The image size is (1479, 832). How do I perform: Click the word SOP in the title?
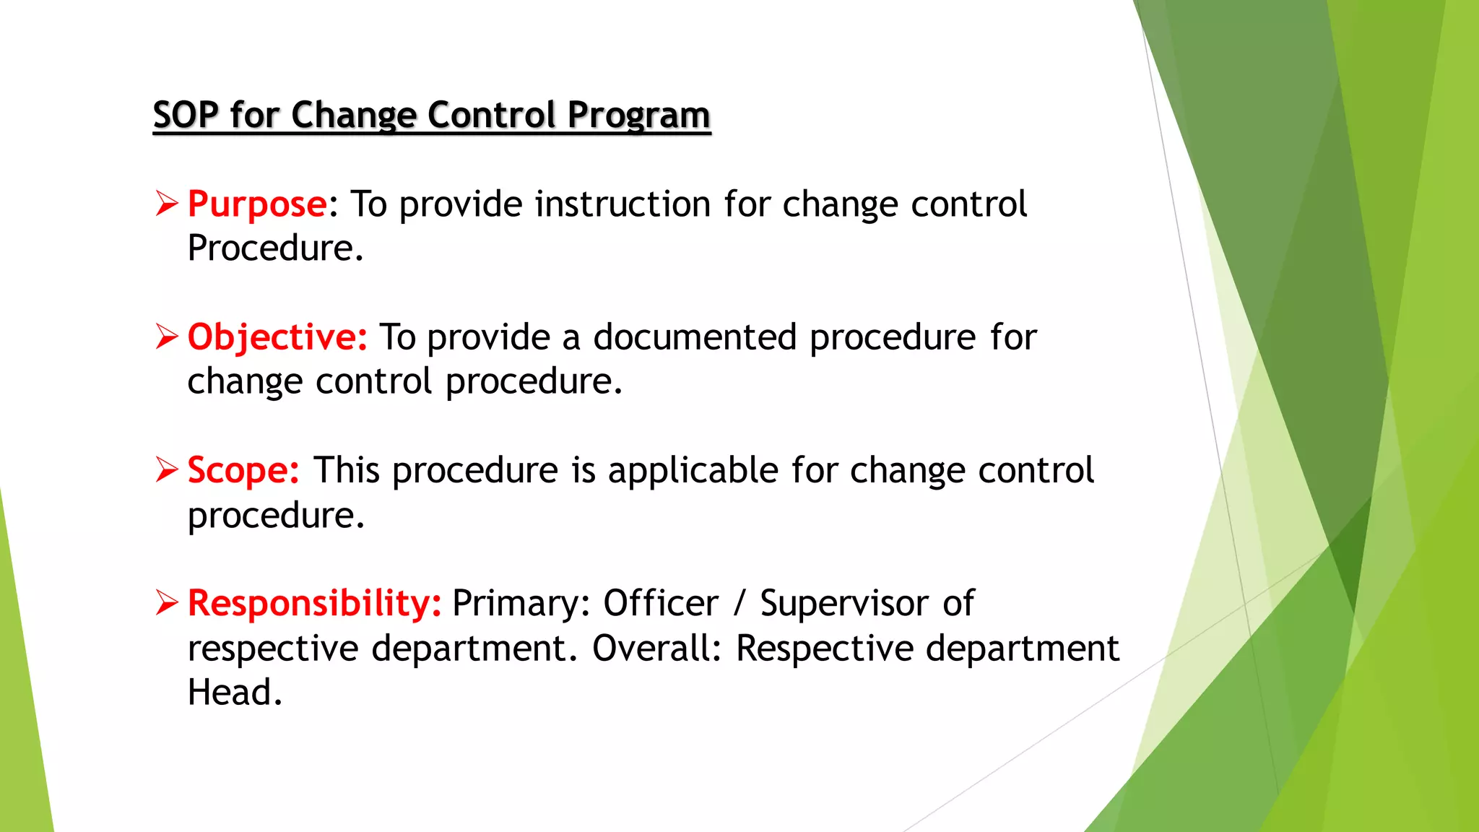coord(186,116)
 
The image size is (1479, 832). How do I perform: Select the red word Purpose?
coord(257,204)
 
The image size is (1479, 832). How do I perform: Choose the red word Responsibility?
coord(314,603)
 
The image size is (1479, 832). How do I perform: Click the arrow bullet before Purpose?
coord(166,204)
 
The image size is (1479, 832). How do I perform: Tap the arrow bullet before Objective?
coord(166,337)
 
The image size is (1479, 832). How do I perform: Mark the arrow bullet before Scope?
coord(166,469)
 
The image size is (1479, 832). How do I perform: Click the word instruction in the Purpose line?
coord(623,204)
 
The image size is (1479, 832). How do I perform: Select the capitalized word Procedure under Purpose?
coord(275,248)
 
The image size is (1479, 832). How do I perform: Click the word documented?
coord(695,337)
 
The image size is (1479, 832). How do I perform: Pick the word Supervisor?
coord(843,603)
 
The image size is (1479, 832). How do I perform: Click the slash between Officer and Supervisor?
coord(739,603)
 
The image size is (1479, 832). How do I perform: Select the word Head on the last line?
coord(235,692)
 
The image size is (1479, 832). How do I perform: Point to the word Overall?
coord(656,648)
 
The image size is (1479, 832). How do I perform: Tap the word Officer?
coord(661,603)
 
